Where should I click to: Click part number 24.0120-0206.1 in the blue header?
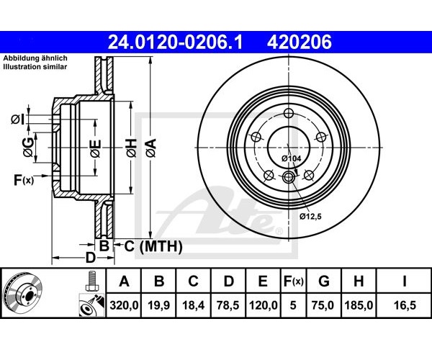coord(175,42)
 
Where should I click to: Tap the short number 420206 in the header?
coord(300,42)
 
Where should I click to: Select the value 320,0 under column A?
coord(124,305)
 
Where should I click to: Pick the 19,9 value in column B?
coord(158,305)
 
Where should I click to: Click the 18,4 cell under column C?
coord(194,305)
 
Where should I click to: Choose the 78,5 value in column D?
coord(228,305)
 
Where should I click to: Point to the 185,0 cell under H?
coord(359,305)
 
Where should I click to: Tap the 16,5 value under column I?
coord(405,305)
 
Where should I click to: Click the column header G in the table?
coord(324,282)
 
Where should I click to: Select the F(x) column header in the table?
coord(294,282)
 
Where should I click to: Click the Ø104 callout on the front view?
coord(291,158)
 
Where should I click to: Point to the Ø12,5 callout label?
coord(311,217)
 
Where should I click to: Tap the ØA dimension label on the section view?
coord(151,148)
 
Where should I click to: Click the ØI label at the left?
coord(18,120)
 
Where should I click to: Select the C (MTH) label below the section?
coord(153,246)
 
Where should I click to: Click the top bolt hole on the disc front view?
coord(289,112)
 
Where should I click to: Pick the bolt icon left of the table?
coord(91,281)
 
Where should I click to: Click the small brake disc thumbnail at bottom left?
coord(24,293)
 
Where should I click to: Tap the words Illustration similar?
coord(35,67)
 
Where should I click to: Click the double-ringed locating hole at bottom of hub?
coord(289,176)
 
